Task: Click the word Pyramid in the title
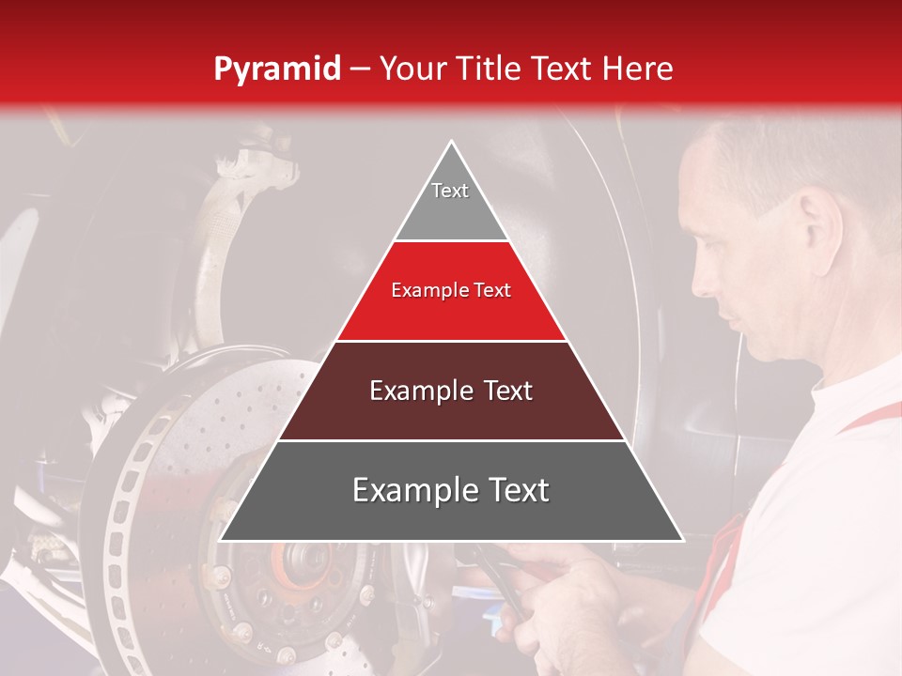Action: click(276, 69)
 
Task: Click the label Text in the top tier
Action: click(450, 191)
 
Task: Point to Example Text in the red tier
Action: click(451, 290)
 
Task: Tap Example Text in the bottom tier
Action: click(451, 490)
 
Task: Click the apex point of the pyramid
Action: click(451, 143)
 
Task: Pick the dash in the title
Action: click(360, 69)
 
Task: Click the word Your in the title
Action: click(413, 69)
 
